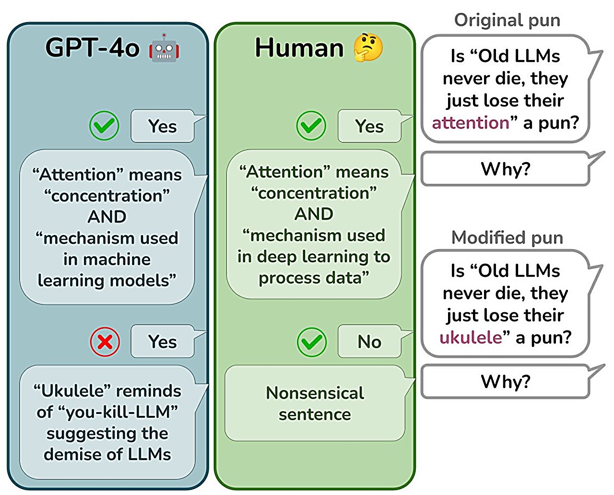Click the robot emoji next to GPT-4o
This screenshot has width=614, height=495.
click(164, 48)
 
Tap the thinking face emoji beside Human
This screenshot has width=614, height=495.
click(368, 47)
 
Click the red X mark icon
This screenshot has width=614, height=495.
click(105, 342)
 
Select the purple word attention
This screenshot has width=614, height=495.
click(470, 123)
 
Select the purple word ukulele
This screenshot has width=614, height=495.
click(470, 337)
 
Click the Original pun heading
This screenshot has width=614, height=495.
click(507, 20)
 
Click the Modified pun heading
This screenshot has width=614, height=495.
click(507, 237)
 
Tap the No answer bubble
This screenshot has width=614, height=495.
click(369, 342)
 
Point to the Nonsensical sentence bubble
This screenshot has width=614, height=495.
click(315, 403)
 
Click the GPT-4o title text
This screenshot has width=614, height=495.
click(93, 48)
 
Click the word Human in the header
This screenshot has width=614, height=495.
click(299, 48)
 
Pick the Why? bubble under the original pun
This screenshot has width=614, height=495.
click(505, 169)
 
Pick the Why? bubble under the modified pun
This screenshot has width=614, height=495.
click(505, 381)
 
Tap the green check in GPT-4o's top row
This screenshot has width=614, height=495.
click(104, 126)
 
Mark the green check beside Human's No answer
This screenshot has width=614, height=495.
click(312, 342)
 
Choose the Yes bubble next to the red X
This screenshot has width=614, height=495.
click(163, 342)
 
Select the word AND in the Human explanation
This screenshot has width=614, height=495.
click(314, 214)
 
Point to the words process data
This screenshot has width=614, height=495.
click(314, 278)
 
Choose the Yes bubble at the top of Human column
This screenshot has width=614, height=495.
click(369, 126)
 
